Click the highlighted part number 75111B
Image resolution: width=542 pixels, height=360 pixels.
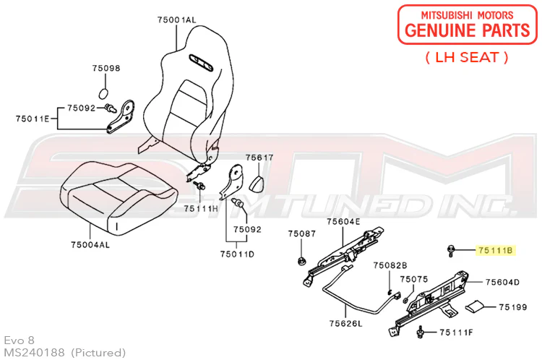[x=495, y=250]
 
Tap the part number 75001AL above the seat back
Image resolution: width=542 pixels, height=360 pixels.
[x=176, y=20]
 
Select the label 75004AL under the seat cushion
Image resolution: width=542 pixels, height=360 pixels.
[x=90, y=245]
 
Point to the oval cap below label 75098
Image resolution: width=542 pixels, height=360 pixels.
[x=103, y=93]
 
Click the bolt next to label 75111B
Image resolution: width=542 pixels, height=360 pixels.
[x=450, y=250]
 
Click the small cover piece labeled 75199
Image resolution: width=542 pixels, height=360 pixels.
[x=475, y=306]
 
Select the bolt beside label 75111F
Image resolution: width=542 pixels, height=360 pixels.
[x=421, y=332]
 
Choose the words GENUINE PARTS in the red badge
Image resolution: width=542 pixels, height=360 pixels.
[x=468, y=30]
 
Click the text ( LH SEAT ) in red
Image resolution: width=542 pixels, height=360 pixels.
[x=467, y=57]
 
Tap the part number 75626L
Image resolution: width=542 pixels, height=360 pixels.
[x=345, y=323]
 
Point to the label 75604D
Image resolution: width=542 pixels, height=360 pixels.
[x=502, y=282]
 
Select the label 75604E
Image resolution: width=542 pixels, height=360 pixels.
[x=343, y=221]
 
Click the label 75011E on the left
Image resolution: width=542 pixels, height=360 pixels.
[x=33, y=119]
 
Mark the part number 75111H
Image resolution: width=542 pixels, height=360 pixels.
[x=201, y=208]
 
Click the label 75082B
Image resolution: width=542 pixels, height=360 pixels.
[x=390, y=265]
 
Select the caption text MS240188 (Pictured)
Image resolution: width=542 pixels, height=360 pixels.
[x=64, y=352]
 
